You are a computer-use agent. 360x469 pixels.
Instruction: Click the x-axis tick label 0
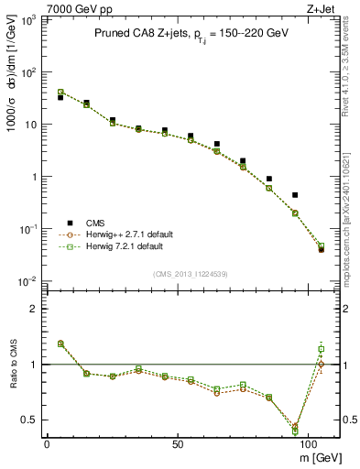[47, 443]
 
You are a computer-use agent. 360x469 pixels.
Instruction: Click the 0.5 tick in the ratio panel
[28, 420]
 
